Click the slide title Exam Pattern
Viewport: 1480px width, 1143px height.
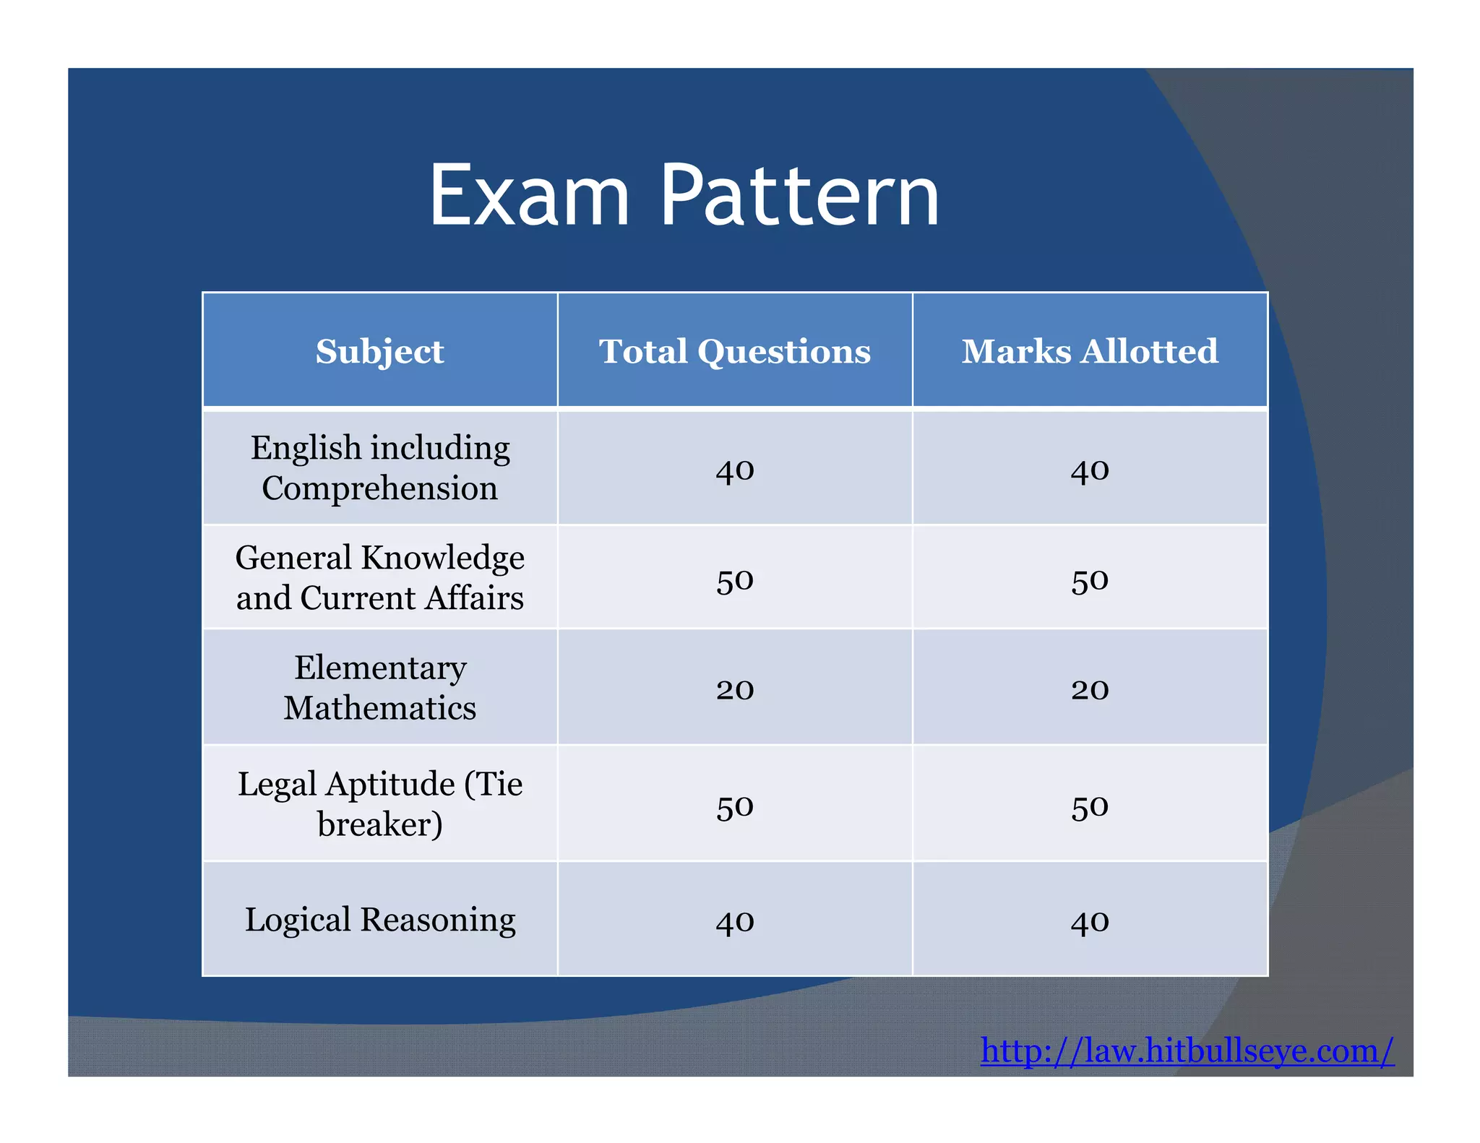[684, 196]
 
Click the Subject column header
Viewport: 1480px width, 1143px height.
[379, 352]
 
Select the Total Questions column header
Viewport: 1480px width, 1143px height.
[735, 352]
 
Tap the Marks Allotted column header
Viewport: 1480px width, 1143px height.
[1090, 352]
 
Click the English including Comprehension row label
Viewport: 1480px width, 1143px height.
[379, 467]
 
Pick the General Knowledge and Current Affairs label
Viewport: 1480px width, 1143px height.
[379, 577]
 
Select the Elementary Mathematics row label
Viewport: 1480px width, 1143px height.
[379, 687]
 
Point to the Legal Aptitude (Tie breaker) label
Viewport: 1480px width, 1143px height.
[379, 803]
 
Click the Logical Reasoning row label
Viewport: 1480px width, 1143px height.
[379, 920]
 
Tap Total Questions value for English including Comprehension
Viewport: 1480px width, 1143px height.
[735, 471]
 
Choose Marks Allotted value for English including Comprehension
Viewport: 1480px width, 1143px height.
[1090, 471]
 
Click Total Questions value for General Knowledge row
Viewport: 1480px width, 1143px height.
[735, 581]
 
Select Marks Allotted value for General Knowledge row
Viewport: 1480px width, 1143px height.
[1090, 581]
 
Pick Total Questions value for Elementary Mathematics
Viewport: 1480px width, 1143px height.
[735, 690]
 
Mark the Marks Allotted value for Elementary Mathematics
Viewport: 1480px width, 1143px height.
[1090, 690]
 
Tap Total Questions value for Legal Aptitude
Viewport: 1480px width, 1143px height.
[735, 807]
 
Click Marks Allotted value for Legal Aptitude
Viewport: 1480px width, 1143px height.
[1090, 807]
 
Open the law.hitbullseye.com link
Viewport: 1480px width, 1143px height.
[1187, 1051]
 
